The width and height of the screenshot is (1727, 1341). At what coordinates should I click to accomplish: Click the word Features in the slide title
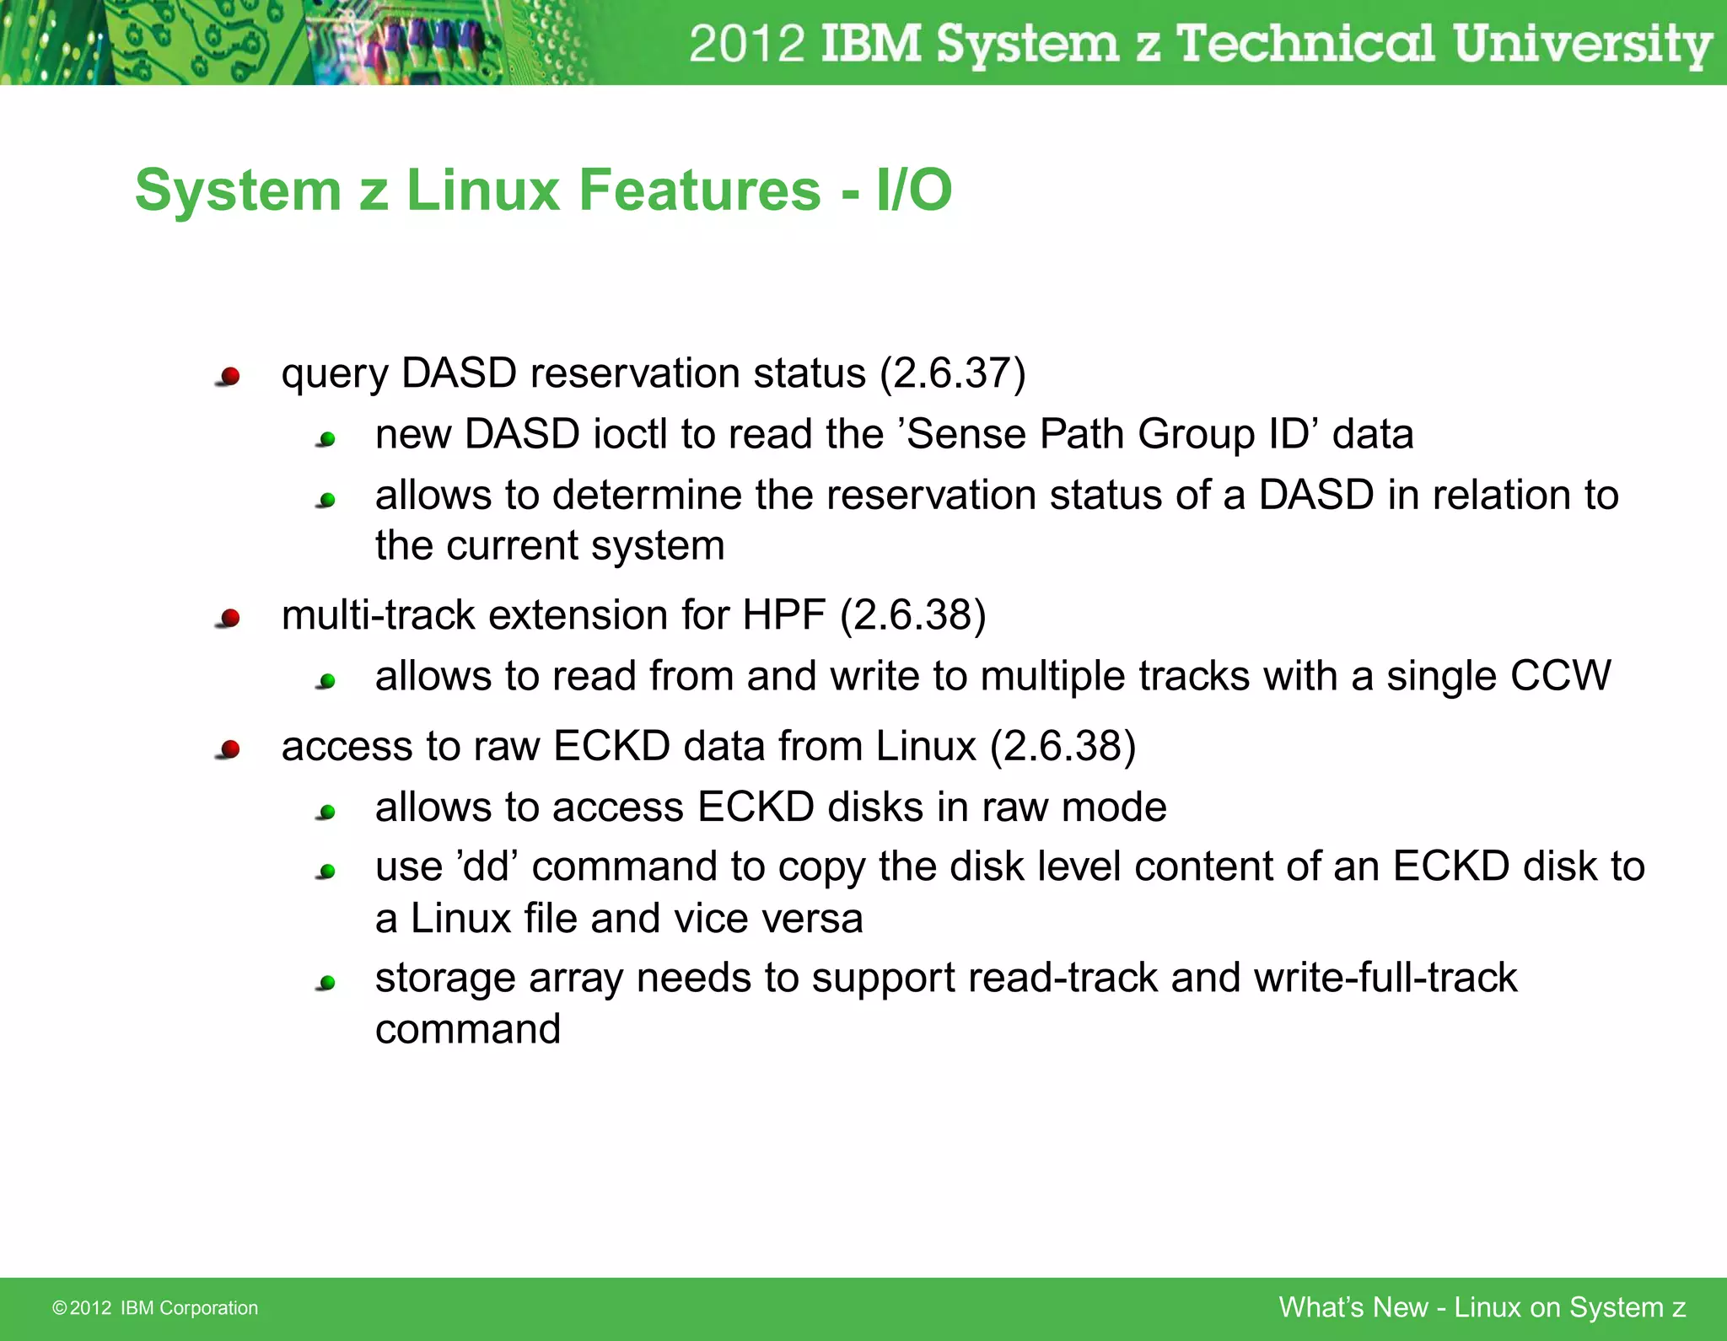(x=699, y=190)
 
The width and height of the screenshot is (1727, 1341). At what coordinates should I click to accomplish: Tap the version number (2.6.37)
(x=952, y=373)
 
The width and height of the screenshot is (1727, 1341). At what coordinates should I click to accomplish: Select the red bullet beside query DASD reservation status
(x=229, y=376)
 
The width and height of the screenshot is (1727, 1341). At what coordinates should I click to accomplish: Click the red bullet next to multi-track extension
(x=229, y=619)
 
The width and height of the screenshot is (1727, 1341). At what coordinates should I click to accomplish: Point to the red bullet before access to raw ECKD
(x=229, y=749)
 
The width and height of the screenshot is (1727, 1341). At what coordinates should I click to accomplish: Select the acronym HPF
(x=783, y=615)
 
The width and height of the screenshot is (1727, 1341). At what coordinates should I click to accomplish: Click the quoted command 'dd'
(x=487, y=867)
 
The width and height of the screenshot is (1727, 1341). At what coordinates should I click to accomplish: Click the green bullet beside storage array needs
(x=326, y=983)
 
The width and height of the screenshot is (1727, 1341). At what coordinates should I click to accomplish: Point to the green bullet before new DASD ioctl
(x=326, y=439)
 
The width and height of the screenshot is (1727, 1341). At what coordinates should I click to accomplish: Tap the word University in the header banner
(x=1581, y=44)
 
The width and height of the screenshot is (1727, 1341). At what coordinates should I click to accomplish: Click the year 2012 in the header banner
(x=746, y=44)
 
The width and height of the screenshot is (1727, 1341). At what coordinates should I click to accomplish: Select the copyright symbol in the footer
(x=59, y=1308)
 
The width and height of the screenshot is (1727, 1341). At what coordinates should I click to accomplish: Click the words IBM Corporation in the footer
(x=189, y=1308)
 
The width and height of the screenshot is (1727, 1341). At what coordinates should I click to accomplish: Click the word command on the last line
(x=468, y=1030)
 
